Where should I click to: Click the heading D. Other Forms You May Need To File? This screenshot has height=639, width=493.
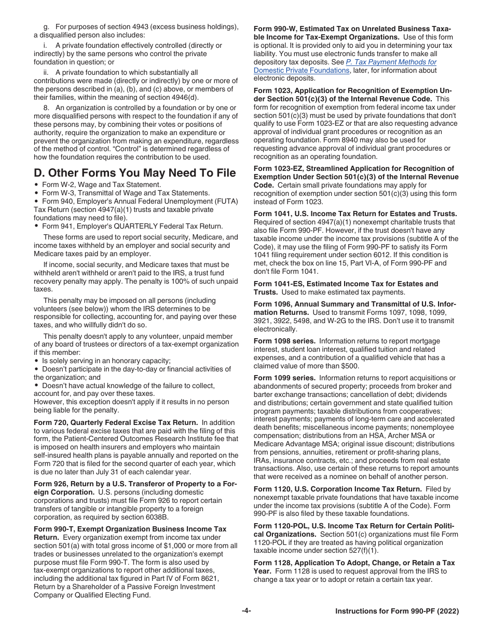(135, 173)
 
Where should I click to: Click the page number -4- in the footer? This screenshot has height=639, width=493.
(246, 611)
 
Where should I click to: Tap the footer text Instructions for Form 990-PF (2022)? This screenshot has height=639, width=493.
(397, 611)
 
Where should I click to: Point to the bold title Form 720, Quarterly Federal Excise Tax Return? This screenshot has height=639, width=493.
(116, 422)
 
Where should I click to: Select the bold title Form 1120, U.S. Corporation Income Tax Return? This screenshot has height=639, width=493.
(337, 489)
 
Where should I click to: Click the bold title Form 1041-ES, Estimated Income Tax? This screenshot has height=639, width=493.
(346, 284)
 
